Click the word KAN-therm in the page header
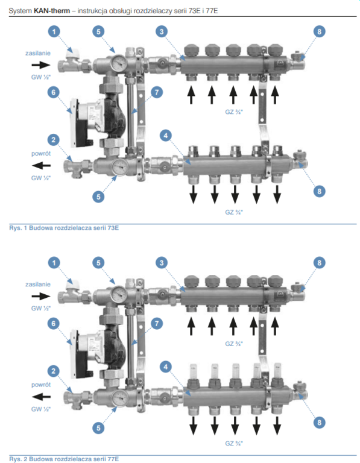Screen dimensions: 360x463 point(52,11)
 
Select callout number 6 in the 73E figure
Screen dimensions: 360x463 point(54,92)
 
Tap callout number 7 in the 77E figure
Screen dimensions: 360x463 point(157,324)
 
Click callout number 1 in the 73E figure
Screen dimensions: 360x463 point(54,31)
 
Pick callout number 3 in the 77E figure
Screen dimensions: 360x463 point(162,263)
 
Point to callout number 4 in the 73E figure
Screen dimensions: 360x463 point(166,136)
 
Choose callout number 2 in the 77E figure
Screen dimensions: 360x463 point(54,371)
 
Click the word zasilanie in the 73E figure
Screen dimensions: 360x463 point(38,53)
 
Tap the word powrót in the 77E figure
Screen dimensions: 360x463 point(41,385)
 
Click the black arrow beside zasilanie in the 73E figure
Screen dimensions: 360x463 point(41,65)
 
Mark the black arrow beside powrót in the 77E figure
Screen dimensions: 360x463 point(41,397)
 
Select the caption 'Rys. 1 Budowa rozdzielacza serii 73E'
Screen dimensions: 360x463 point(64,228)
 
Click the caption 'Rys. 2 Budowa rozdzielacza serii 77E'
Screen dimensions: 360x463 point(64,459)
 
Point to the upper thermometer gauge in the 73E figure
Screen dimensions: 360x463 point(119,62)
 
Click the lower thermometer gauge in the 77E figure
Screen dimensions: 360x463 point(120,398)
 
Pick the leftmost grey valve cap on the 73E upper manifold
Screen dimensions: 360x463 point(191,50)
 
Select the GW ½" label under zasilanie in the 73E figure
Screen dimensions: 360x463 point(41,77)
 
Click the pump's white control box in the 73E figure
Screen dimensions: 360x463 point(74,123)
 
